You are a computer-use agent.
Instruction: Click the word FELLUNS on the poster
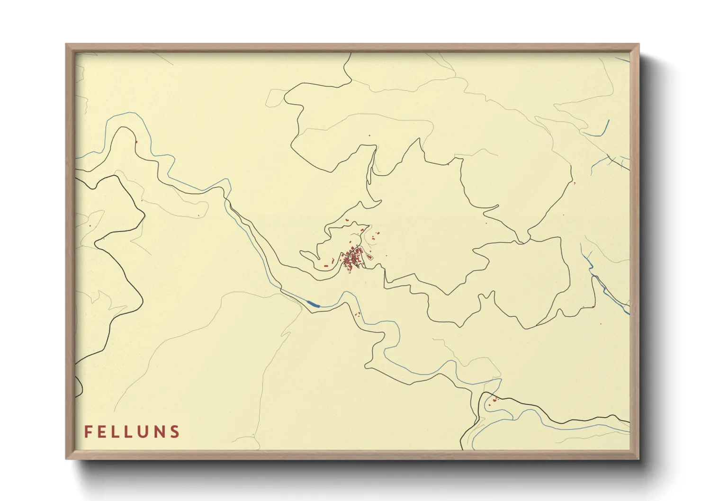(x=132, y=432)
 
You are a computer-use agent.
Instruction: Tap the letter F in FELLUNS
(x=88, y=432)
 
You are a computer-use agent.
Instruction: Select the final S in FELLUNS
(x=176, y=432)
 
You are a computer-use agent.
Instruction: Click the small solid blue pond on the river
(x=313, y=304)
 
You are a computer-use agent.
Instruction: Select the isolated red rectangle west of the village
(x=326, y=267)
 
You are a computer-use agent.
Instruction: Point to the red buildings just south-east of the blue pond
(x=358, y=314)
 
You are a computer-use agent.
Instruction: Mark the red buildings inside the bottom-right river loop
(x=493, y=401)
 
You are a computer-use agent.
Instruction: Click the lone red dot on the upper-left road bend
(x=136, y=141)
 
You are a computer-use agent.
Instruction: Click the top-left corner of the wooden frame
(x=67, y=45)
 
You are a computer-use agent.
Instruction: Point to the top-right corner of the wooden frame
(x=638, y=45)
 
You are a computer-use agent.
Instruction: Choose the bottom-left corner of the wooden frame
(x=67, y=458)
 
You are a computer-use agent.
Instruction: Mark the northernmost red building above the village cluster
(x=369, y=135)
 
